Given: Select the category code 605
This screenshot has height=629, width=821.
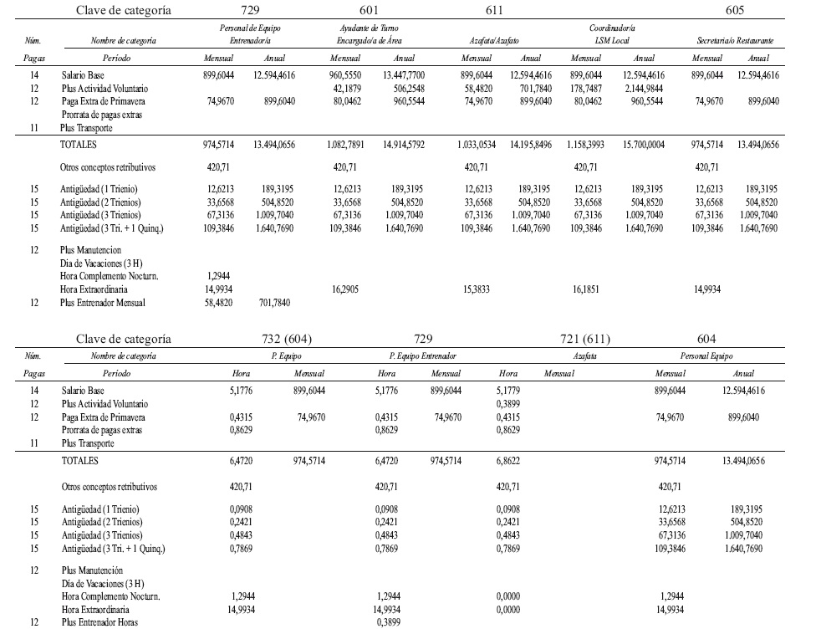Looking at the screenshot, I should [734, 11].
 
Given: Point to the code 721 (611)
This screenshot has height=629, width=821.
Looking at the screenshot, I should [586, 339].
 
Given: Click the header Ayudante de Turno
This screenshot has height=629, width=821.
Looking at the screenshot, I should [368, 28].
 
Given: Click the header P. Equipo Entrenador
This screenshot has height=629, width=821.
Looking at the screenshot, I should [422, 355].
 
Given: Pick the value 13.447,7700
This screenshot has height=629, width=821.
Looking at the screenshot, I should [404, 74].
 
